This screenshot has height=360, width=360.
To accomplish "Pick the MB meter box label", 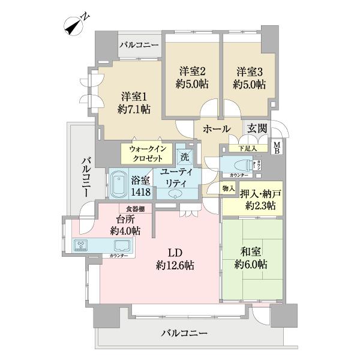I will pyautogui.click(x=277, y=146).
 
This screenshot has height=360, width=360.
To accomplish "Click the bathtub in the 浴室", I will pyautogui.click(x=118, y=184).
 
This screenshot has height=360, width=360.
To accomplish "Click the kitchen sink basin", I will pyautogui.click(x=122, y=245).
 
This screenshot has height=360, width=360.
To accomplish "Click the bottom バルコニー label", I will pyautogui.click(x=185, y=333).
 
